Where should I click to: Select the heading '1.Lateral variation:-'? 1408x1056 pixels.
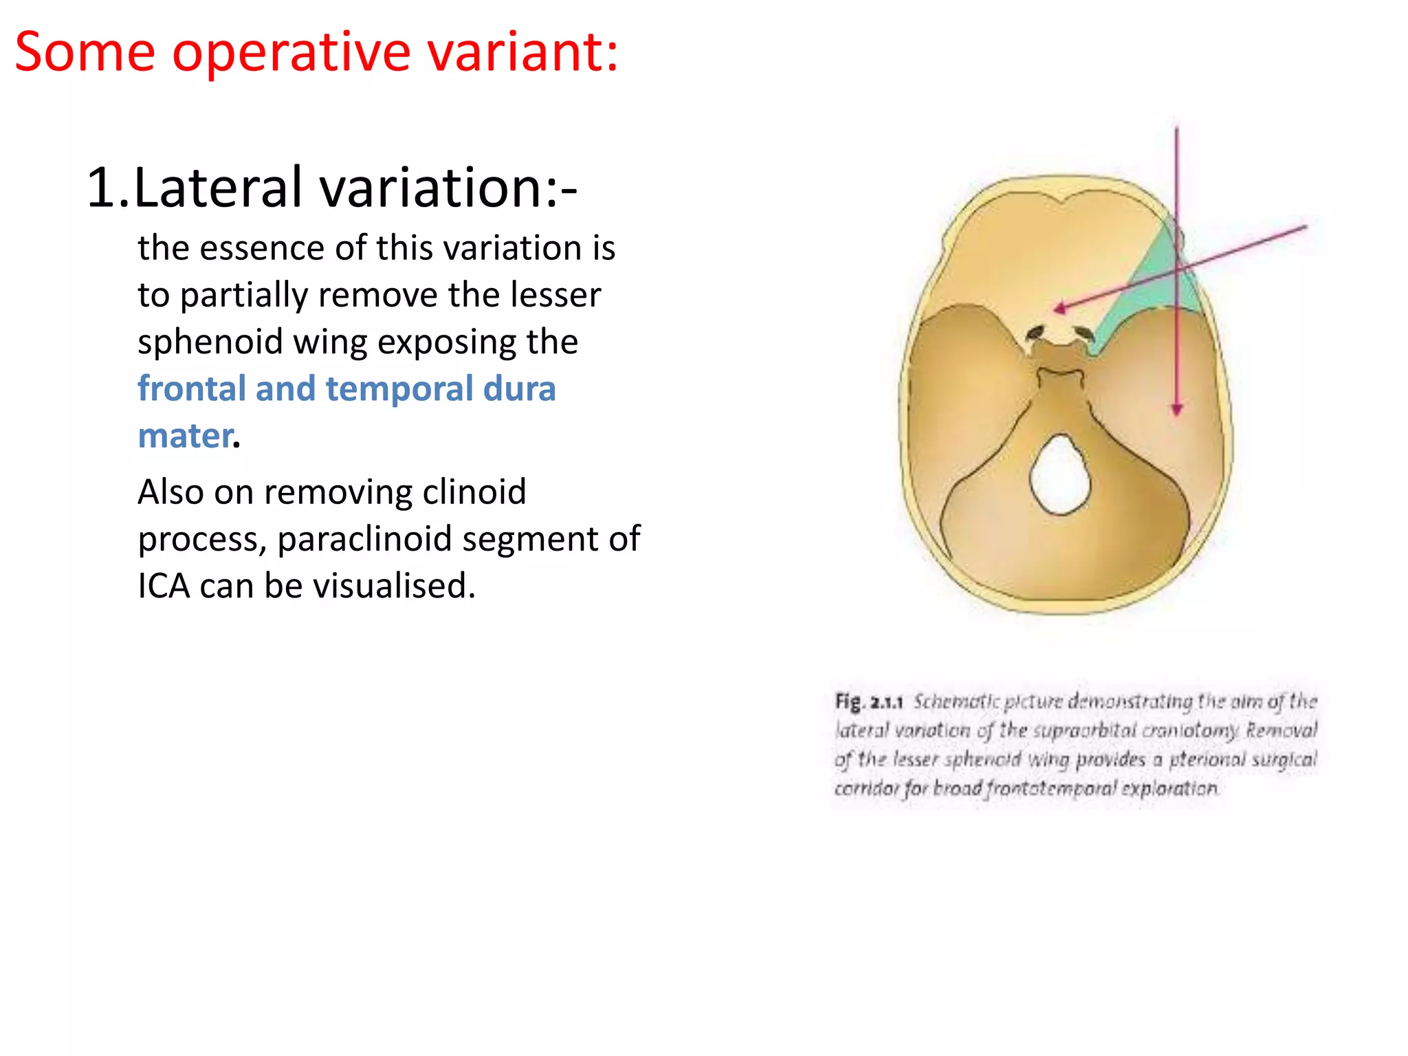pyautogui.click(x=332, y=187)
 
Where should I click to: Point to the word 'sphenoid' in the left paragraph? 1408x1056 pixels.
pyautogui.click(x=210, y=342)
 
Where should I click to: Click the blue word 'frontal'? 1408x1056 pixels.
pyautogui.click(x=192, y=388)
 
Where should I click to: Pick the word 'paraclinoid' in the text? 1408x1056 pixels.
pyautogui.click(x=364, y=539)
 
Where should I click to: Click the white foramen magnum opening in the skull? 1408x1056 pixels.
pyautogui.click(x=1061, y=474)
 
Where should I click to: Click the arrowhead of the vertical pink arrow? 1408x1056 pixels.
pyautogui.click(x=1177, y=410)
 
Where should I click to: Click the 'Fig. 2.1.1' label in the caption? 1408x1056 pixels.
pyautogui.click(x=868, y=702)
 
